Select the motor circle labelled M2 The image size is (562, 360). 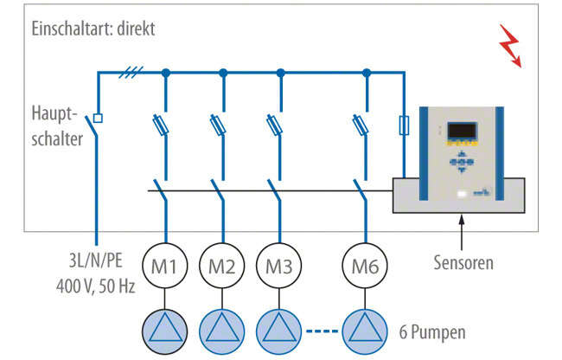[x=222, y=263]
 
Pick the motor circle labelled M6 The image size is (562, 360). [x=366, y=263]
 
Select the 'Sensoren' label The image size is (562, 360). [x=463, y=260]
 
